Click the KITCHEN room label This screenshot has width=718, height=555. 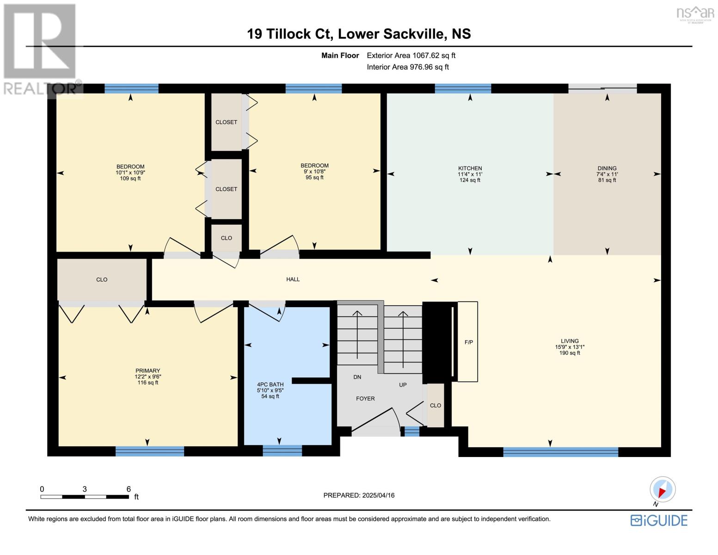470,168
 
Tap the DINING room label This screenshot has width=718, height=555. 607,168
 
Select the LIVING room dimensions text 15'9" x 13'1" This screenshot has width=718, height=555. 570,347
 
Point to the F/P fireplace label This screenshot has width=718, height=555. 468,342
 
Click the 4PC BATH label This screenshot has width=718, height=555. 270,384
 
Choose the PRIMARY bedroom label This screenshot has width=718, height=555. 147,370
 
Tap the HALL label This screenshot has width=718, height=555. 293,279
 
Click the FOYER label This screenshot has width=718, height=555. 365,399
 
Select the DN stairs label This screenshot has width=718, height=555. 357,377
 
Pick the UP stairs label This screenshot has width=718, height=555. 402,385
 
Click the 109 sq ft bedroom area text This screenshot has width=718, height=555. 130,179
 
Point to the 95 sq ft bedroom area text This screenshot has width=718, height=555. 314,178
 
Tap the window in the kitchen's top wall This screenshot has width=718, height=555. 463,89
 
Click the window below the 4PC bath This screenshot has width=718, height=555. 282,450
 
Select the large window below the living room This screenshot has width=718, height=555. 560,451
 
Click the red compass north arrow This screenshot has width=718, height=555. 662,492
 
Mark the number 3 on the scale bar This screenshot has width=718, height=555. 85,489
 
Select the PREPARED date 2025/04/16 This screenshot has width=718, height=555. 378,495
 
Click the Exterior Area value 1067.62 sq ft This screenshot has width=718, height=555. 433,55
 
